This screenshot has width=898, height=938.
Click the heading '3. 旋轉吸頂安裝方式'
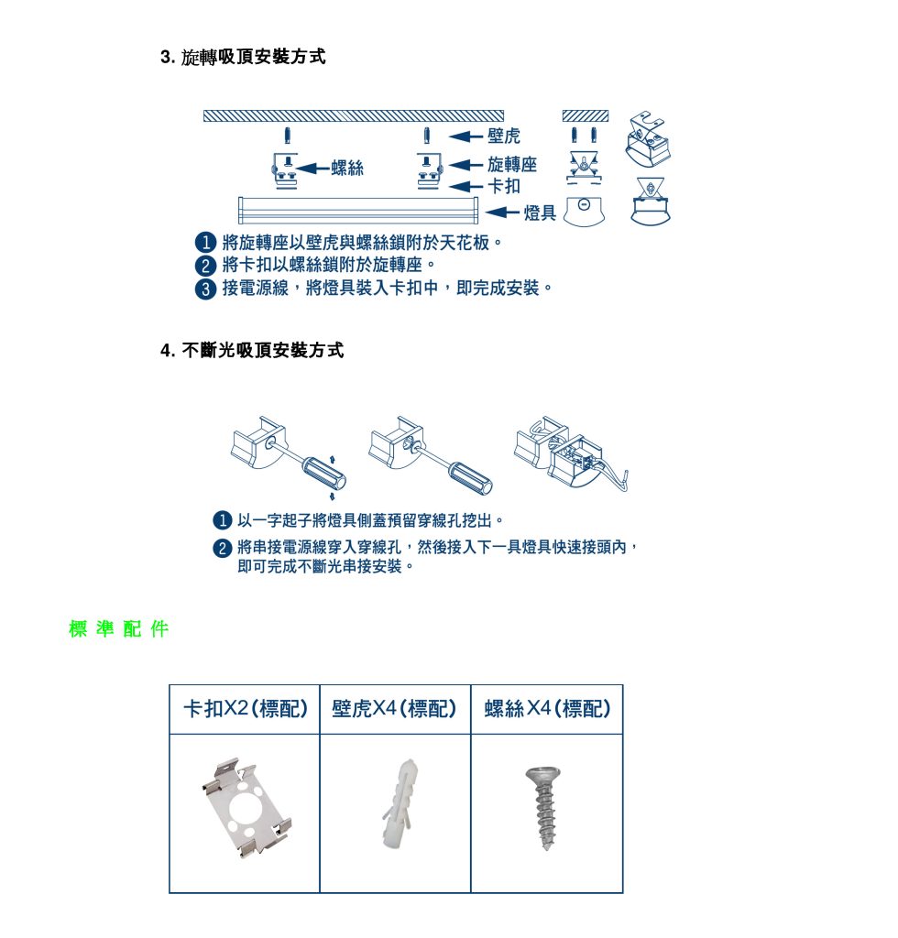[243, 58]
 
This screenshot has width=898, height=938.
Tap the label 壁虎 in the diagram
[504, 136]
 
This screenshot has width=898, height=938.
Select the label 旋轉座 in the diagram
[512, 165]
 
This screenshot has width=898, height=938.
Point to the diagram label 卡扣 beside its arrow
[504, 187]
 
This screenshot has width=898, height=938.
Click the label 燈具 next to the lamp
[540, 213]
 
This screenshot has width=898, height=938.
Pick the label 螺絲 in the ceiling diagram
[347, 168]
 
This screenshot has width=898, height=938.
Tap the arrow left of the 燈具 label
[502, 213]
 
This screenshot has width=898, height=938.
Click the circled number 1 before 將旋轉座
[206, 244]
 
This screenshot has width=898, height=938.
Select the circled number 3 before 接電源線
[206, 289]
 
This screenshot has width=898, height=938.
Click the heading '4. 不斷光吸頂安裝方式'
[252, 351]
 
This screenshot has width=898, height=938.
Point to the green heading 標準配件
[119, 629]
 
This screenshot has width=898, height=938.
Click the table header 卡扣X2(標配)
[245, 709]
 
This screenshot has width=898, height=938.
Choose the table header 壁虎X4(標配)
[395, 709]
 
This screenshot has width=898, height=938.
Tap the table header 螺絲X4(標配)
[547, 709]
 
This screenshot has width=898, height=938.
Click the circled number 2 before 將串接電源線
[221, 548]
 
